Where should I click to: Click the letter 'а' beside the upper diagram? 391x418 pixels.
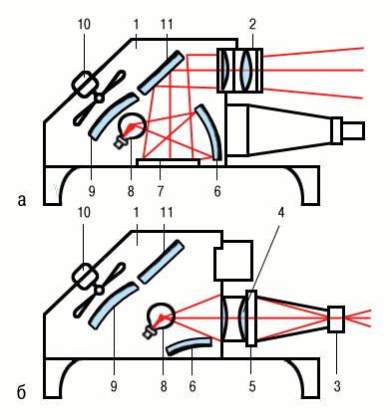pyautogui.click(x=22, y=201)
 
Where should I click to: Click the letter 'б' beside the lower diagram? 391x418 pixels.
pyautogui.click(x=21, y=392)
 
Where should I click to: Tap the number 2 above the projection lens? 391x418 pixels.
pyautogui.click(x=252, y=24)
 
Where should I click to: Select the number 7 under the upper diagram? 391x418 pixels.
pyautogui.click(x=161, y=191)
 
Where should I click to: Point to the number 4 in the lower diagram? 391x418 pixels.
pyautogui.click(x=281, y=213)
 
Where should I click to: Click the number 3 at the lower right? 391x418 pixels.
pyautogui.click(x=337, y=386)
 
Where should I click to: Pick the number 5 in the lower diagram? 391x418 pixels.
pyautogui.click(x=252, y=386)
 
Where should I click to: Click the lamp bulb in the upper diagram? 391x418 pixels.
pyautogui.click(x=132, y=125)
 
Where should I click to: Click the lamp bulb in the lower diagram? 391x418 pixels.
pyautogui.click(x=161, y=316)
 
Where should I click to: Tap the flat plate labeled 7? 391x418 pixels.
pyautogui.click(x=169, y=162)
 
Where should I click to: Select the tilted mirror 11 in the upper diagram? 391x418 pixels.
pyautogui.click(x=161, y=72)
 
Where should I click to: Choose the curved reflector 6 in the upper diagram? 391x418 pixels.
pyautogui.click(x=209, y=131)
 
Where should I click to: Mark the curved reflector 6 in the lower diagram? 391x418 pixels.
pyautogui.click(x=190, y=345)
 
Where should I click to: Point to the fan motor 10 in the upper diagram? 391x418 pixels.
pyautogui.click(x=85, y=84)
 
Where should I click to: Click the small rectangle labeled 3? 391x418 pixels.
pyautogui.click(x=336, y=319)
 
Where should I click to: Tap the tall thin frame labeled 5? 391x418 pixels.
pyautogui.click(x=251, y=318)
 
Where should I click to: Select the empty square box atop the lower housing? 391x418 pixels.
pyautogui.click(x=233, y=261)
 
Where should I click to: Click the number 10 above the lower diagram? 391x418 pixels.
pyautogui.click(x=84, y=213)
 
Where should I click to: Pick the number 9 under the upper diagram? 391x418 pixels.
pyautogui.click(x=92, y=191)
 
